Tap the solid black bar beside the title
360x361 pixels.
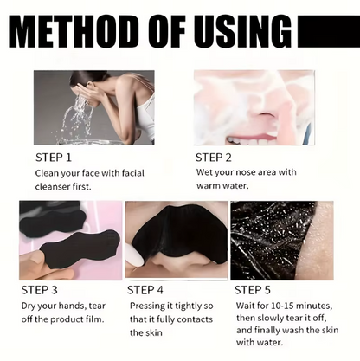coord(329,31)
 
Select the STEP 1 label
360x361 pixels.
coord(54,158)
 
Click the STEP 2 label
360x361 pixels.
coord(214,158)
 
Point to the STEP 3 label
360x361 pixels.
coord(40,290)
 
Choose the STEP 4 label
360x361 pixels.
coord(145,290)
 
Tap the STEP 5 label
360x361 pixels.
coord(253,290)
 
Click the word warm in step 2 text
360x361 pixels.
coord(208,185)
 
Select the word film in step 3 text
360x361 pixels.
coord(95,319)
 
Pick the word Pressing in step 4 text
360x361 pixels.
coord(147,306)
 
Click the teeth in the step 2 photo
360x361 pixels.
coord(251,140)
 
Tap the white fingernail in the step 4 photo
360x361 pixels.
coord(136,254)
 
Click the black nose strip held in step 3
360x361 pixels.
coord(80,245)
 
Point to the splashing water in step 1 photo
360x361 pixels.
coord(75,119)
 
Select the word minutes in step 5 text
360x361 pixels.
coord(314,306)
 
